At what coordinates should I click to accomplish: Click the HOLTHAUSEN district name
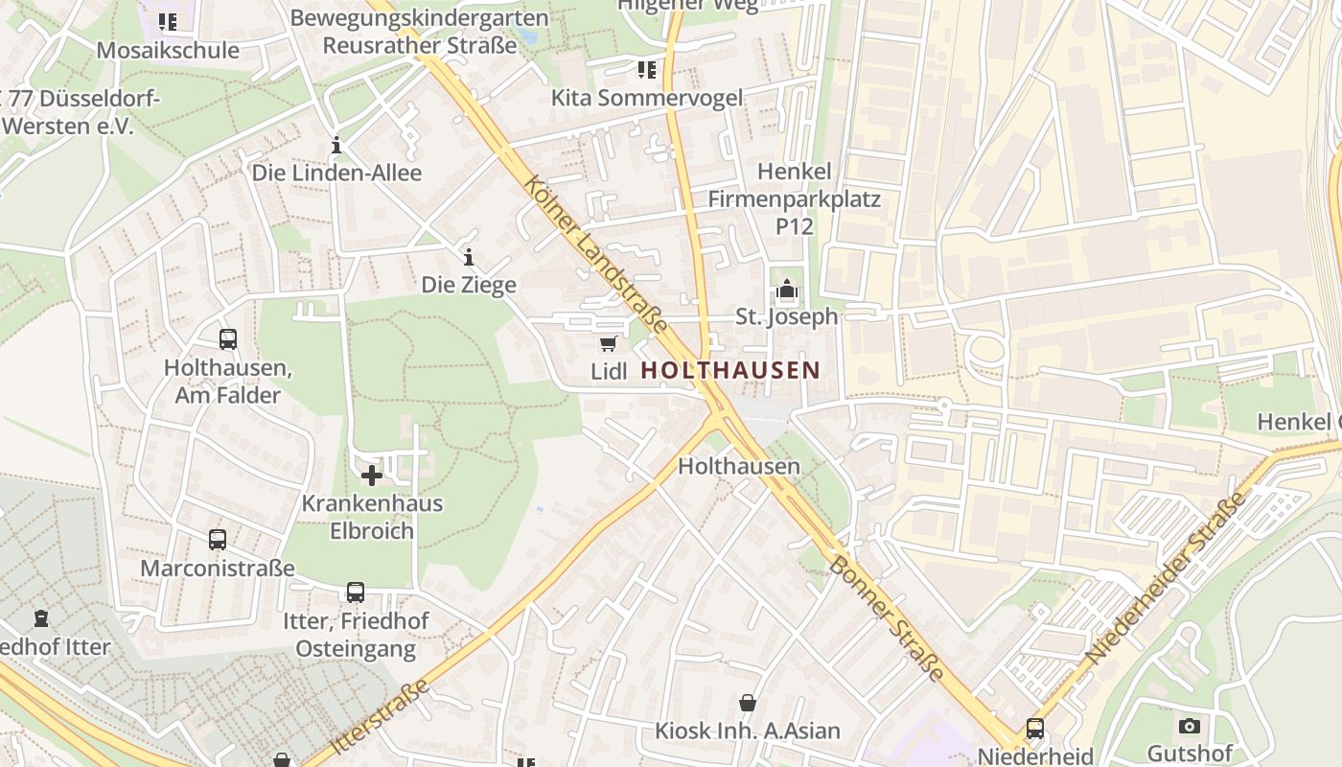(x=729, y=370)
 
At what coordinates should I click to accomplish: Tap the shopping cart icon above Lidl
(x=608, y=344)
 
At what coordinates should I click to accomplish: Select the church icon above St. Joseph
(x=786, y=289)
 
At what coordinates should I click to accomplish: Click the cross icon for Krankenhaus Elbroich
(x=372, y=475)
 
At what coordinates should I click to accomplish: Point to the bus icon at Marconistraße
(x=218, y=540)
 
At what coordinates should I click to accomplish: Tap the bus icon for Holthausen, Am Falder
(x=228, y=338)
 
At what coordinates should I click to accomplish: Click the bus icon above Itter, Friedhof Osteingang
(x=356, y=593)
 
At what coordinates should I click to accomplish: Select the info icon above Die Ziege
(x=469, y=257)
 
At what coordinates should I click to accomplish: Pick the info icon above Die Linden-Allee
(x=336, y=146)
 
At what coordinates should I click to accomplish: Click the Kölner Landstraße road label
(x=595, y=254)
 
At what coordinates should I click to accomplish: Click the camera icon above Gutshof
(x=1189, y=726)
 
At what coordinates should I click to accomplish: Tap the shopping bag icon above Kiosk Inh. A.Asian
(x=748, y=703)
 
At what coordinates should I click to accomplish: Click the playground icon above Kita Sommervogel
(x=647, y=69)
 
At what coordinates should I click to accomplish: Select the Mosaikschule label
(x=168, y=50)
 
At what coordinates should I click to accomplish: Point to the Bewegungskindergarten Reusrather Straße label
(x=421, y=32)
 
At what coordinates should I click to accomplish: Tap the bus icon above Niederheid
(x=1035, y=728)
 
